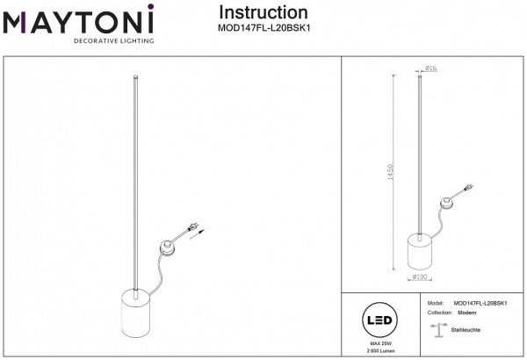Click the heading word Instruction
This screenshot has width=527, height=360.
coord(263,12)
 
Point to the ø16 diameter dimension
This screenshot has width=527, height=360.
coord(431,68)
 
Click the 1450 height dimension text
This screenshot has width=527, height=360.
coord(402,173)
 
